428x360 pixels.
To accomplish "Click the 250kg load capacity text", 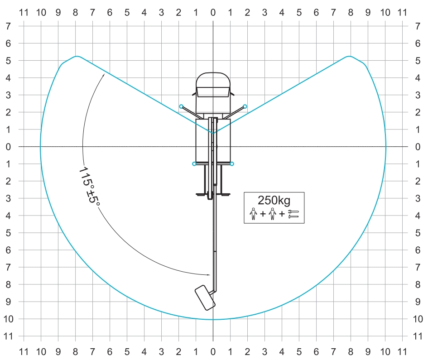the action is pyautogui.click(x=274, y=200).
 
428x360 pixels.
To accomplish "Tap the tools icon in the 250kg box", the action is pyautogui.click(x=293, y=214).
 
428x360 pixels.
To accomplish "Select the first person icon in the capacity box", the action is pyautogui.click(x=253, y=214).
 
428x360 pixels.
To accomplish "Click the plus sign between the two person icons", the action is pyautogui.click(x=263, y=214).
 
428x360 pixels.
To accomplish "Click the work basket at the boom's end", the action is pyautogui.click(x=205, y=298).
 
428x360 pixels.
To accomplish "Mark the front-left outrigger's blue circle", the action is pyautogui.click(x=181, y=106).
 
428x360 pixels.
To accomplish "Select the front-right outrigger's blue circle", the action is pyautogui.click(x=245, y=106).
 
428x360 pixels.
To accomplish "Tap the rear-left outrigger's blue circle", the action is pyautogui.click(x=194, y=164).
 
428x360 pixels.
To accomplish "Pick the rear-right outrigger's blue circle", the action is pyautogui.click(x=232, y=164).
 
